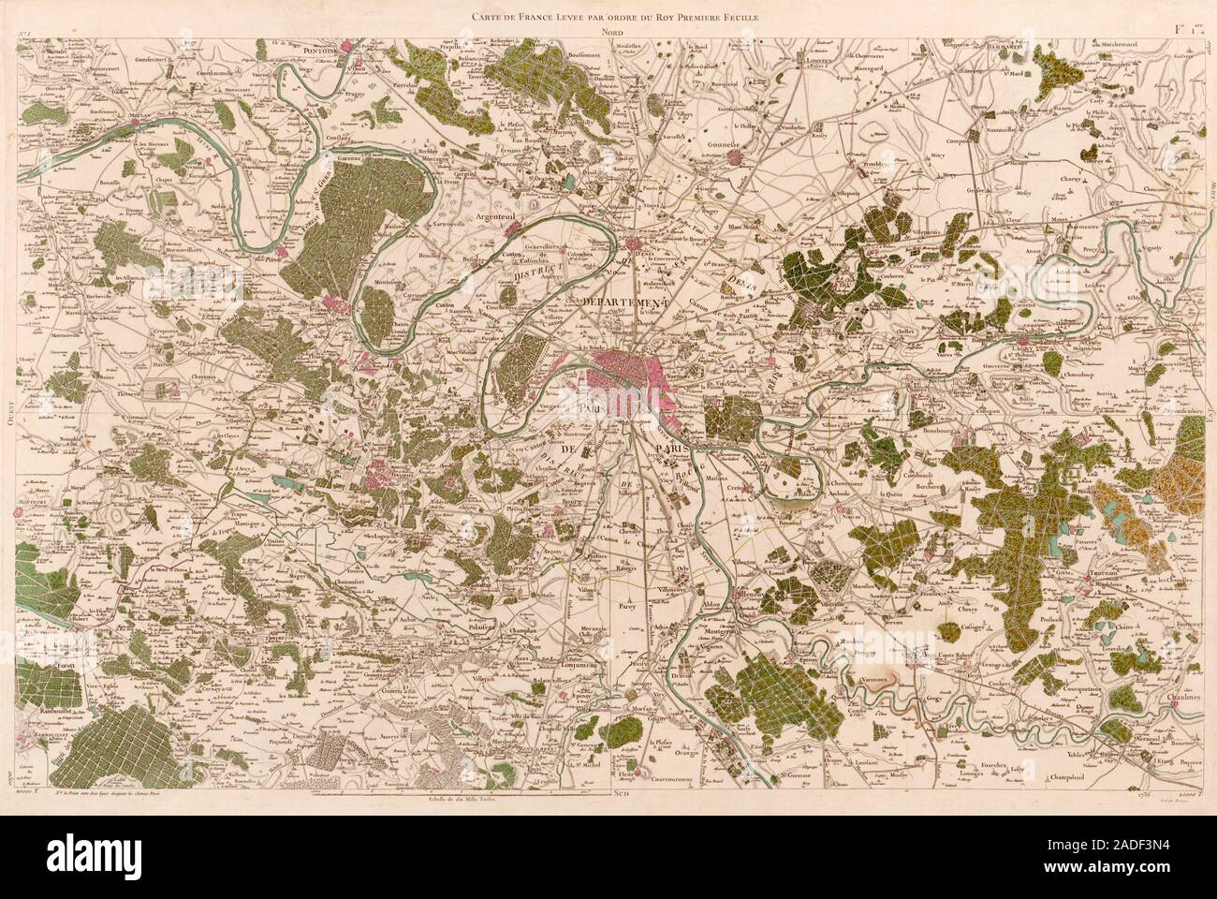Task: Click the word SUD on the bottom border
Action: click(x=620, y=793)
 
